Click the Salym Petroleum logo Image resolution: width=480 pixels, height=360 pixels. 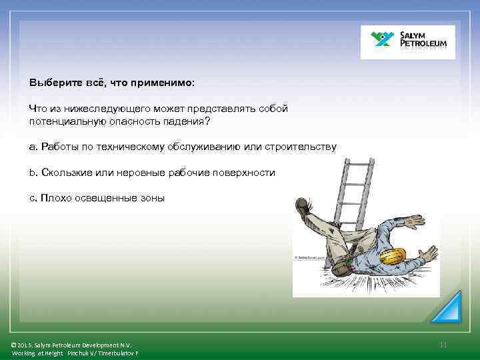(407, 42)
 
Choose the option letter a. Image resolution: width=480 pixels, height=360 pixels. (32, 147)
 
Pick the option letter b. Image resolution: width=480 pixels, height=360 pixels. (32, 172)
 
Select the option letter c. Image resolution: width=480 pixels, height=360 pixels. (32, 197)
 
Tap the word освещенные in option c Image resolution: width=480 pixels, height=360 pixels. (101, 197)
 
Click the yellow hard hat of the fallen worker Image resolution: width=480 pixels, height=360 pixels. (393, 258)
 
